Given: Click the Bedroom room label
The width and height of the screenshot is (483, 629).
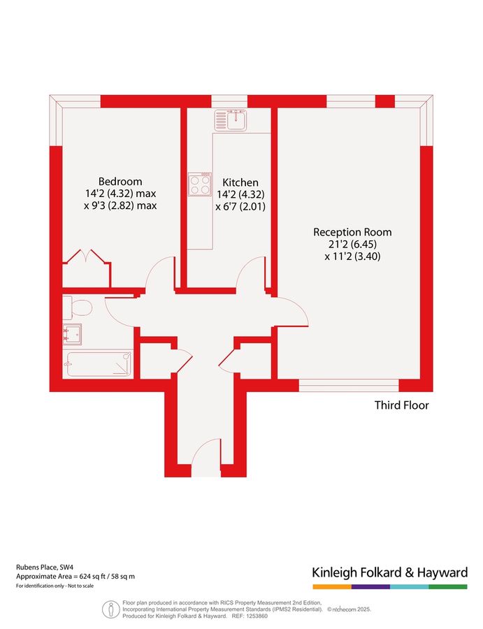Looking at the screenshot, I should [x=120, y=180].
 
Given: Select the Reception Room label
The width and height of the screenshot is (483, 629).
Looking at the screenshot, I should [x=352, y=232].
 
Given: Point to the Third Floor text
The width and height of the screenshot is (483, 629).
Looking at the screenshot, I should [x=401, y=405].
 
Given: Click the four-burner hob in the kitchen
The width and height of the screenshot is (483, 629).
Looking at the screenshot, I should [x=199, y=185].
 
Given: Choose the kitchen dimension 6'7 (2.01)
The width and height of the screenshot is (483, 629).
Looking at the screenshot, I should [x=240, y=207].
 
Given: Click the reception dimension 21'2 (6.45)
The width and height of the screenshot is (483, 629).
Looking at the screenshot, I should [x=352, y=245].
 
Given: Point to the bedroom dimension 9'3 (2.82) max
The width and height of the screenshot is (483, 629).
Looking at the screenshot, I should [x=121, y=205].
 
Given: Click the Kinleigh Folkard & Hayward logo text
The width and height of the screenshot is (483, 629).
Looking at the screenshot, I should [x=389, y=573].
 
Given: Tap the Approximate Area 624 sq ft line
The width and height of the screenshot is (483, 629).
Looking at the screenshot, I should [x=75, y=577].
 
